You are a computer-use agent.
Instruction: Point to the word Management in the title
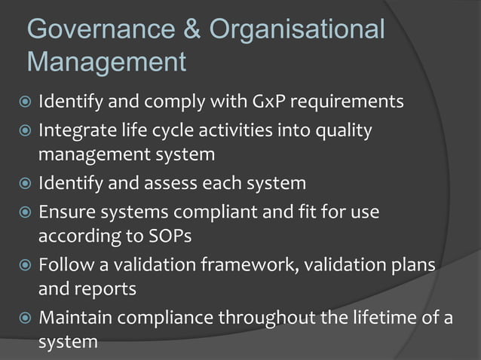106,62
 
